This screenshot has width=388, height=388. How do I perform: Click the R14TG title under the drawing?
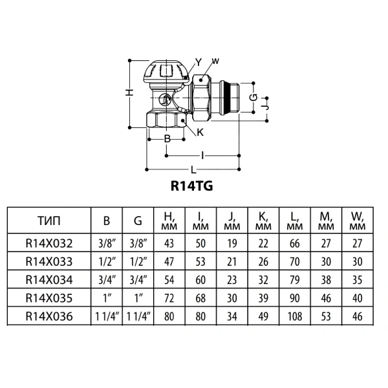[x=192, y=186]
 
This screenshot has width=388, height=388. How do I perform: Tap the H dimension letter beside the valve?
[x=129, y=92]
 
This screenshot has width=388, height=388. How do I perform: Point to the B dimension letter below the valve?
[x=167, y=139]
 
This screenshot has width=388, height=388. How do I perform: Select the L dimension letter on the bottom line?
[x=193, y=169]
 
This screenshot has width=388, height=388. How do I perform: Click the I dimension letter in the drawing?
[x=202, y=156]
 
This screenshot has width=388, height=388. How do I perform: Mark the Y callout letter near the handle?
[x=199, y=62]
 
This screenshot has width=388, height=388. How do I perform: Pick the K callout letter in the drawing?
[x=200, y=133]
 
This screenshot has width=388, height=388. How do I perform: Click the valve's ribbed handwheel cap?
[x=166, y=72]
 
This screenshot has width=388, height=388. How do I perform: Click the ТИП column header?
[x=49, y=221]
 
